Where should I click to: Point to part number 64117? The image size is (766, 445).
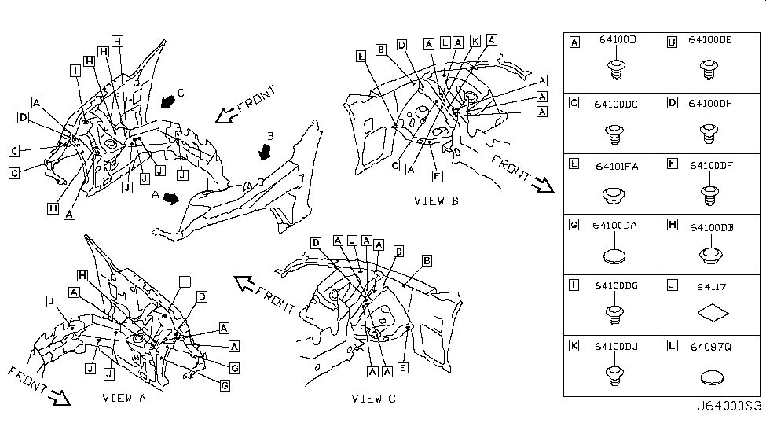[710, 287]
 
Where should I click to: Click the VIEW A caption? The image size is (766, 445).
[124, 398]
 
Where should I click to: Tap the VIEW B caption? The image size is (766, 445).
[436, 201]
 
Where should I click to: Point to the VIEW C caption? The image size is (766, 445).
[373, 399]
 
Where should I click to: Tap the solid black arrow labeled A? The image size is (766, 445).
[170, 199]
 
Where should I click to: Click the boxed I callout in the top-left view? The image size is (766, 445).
[75, 70]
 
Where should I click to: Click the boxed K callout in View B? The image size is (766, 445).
[475, 41]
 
